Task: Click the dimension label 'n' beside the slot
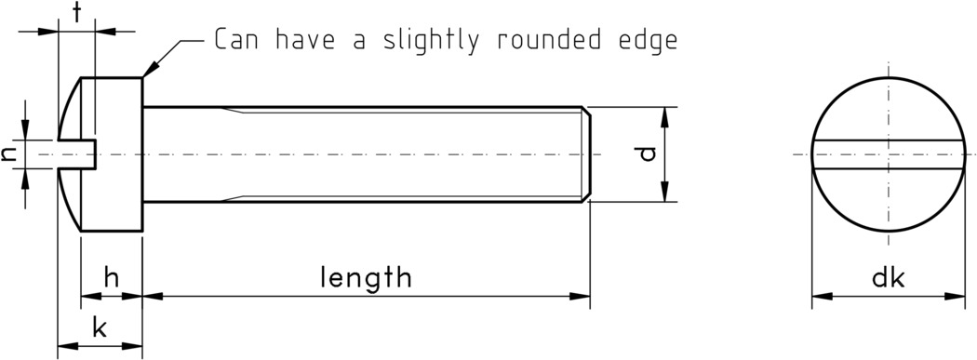click(x=9, y=153)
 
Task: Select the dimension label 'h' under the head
click(x=112, y=276)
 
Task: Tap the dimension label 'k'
click(x=100, y=327)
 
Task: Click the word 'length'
click(x=366, y=276)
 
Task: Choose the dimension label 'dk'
click(x=890, y=277)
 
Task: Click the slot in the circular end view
click(x=890, y=153)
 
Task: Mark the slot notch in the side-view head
click(x=79, y=153)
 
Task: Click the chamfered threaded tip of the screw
click(x=587, y=153)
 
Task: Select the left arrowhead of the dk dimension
click(x=820, y=298)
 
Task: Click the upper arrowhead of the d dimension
click(x=664, y=114)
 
